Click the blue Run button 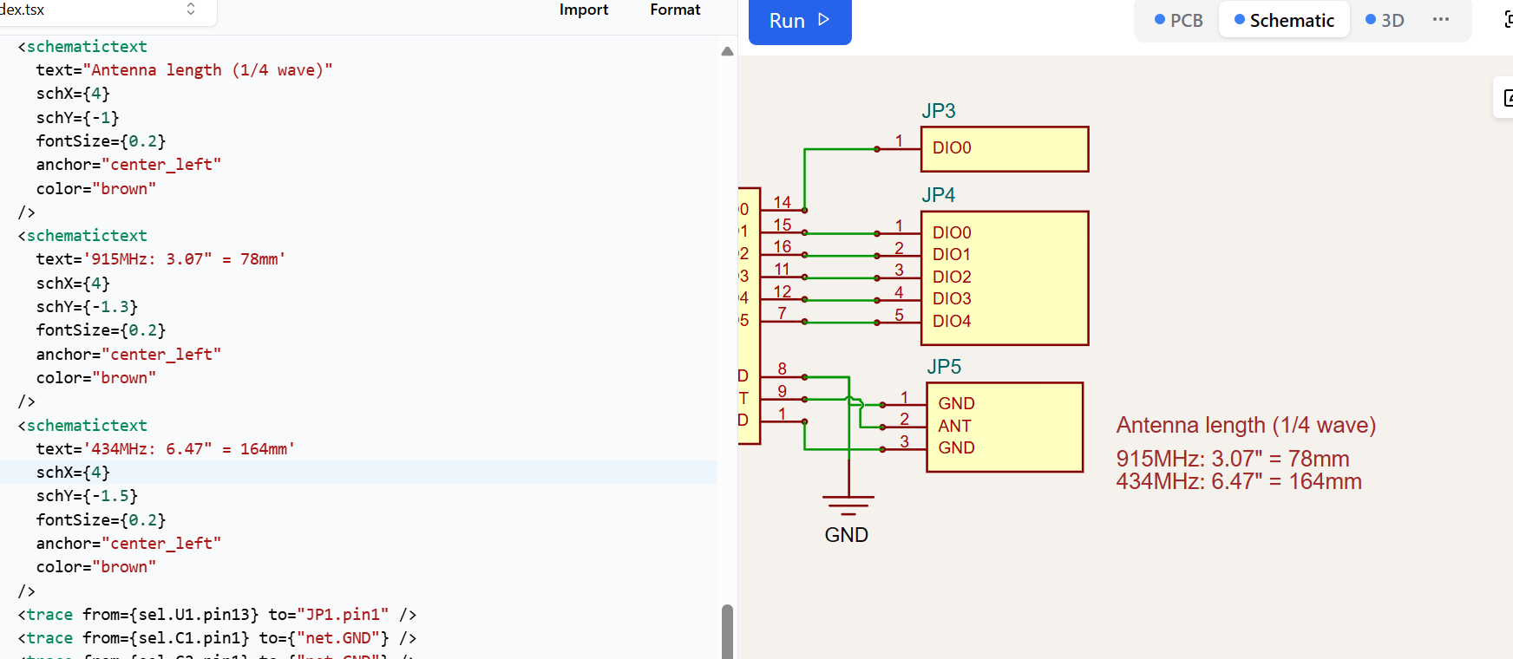[x=799, y=21]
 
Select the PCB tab [x=1178, y=21]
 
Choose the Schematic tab [x=1284, y=21]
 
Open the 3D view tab [x=1385, y=21]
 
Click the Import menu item [x=583, y=10]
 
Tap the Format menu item [x=675, y=10]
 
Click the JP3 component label [x=938, y=111]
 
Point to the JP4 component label [x=938, y=195]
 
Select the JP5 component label [x=943, y=367]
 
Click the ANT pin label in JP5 [x=954, y=426]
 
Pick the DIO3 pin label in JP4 [x=952, y=298]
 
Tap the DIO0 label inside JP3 [x=952, y=148]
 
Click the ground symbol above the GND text [x=848, y=504]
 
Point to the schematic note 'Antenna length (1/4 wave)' [x=1246, y=426]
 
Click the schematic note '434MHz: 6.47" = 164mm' [x=1239, y=482]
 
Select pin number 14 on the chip [x=782, y=202]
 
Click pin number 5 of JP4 [x=899, y=315]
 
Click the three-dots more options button [x=1441, y=20]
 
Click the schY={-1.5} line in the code [x=87, y=496]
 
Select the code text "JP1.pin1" [x=343, y=615]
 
